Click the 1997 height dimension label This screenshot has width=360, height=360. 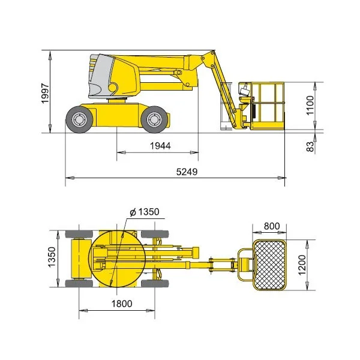[45, 94]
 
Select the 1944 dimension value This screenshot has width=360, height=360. [160, 146]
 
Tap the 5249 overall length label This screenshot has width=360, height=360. [187, 172]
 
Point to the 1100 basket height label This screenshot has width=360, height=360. [310, 105]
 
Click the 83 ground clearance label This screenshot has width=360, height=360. [310, 146]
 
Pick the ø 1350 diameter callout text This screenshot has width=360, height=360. [145, 212]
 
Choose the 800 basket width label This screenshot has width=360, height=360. [272, 226]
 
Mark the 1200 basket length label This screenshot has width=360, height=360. [302, 265]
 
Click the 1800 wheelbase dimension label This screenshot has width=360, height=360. [122, 304]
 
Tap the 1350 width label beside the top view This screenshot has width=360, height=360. [52, 257]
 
